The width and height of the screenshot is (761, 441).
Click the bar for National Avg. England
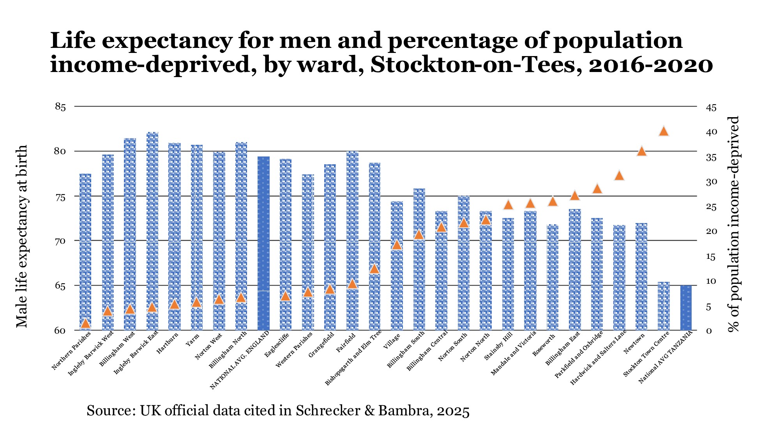point(263,243)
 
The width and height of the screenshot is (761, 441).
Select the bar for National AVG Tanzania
point(686,307)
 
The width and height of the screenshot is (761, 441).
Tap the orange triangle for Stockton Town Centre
point(664,132)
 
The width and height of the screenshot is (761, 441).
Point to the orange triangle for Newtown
point(641,151)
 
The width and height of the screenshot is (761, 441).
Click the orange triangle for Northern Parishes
point(85,323)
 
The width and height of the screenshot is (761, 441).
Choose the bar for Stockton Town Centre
point(664,306)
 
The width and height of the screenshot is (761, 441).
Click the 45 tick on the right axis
point(711,108)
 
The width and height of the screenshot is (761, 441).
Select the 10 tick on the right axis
point(711,281)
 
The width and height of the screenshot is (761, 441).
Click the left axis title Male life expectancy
point(22,236)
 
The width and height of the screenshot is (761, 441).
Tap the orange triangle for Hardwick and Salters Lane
point(619,176)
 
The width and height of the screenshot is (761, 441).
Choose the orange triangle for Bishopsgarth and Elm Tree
point(374,269)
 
